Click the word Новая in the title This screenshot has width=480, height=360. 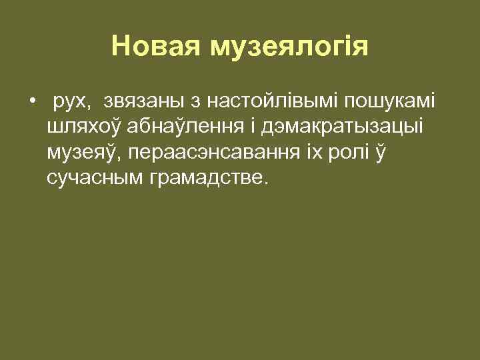(156, 47)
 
